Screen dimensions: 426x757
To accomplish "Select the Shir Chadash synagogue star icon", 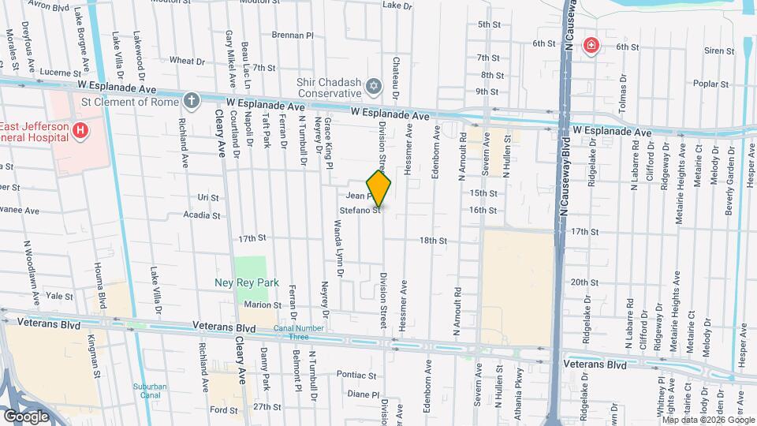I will [x=374, y=84].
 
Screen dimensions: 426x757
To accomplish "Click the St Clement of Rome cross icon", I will [x=191, y=100].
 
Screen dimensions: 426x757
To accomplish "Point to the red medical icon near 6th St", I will [x=590, y=46].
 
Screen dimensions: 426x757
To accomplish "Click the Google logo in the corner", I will [x=26, y=416].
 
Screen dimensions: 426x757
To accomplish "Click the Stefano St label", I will [x=360, y=210].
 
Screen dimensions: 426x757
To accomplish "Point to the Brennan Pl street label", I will [x=293, y=35].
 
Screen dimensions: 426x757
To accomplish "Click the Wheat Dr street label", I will [x=187, y=60].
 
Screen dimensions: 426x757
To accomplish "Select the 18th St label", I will [x=433, y=241].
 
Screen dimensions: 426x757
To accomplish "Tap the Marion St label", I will [x=263, y=305].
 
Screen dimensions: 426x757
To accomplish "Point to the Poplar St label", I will [x=708, y=83].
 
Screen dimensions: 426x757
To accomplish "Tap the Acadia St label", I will [x=201, y=215].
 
